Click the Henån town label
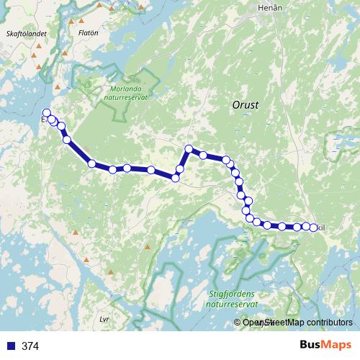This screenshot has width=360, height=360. coord(268,9)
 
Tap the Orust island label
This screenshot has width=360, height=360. coord(246,104)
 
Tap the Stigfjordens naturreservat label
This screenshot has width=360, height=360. coord(232,300)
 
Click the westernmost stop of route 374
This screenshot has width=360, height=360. coord(47,112)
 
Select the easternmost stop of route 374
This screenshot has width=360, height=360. coord(313,228)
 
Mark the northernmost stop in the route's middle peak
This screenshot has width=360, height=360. coord(189,149)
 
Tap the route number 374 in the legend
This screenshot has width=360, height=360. coord(30,346)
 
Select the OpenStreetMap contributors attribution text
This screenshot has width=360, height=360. coord(295,323)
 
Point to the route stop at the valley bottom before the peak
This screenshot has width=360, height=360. coord(175,178)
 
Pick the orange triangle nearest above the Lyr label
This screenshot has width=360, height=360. coord(111,272)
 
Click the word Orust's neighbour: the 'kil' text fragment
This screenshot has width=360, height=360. coord(322,228)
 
